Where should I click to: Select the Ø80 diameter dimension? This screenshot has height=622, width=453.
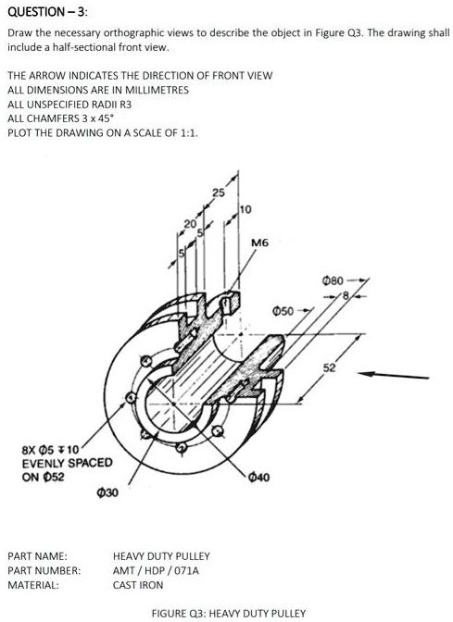pyautogui.click(x=332, y=279)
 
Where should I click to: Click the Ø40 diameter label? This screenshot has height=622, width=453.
pyautogui.click(x=258, y=477)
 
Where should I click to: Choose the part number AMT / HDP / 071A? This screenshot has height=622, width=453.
pyautogui.click(x=156, y=570)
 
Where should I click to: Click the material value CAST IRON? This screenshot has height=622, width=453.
pyautogui.click(x=138, y=585)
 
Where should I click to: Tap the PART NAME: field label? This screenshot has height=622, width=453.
pyautogui.click(x=37, y=556)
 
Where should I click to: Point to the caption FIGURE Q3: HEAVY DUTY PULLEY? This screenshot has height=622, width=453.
pyautogui.click(x=228, y=613)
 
